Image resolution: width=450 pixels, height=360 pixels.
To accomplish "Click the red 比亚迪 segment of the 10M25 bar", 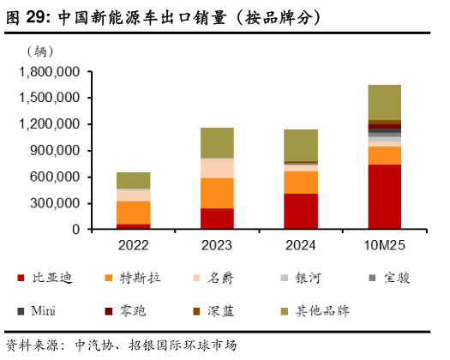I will click(x=384, y=196).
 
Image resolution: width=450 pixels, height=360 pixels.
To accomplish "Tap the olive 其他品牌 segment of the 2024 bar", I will click(x=300, y=145).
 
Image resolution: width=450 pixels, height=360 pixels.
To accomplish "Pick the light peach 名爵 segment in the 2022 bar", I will click(x=134, y=195).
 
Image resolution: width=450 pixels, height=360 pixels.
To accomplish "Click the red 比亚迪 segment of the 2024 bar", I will click(x=300, y=211).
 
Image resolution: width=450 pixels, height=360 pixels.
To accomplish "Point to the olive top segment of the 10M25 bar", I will click(x=384, y=102).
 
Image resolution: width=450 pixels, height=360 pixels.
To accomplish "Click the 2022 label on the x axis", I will click(x=134, y=246).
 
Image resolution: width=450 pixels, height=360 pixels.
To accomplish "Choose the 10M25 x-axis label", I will click(x=384, y=246).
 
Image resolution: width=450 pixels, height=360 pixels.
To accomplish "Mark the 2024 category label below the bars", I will click(x=300, y=246).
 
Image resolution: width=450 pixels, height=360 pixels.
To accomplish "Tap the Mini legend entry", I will click(x=43, y=310).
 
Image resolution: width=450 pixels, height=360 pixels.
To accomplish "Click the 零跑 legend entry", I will click(x=134, y=310).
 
